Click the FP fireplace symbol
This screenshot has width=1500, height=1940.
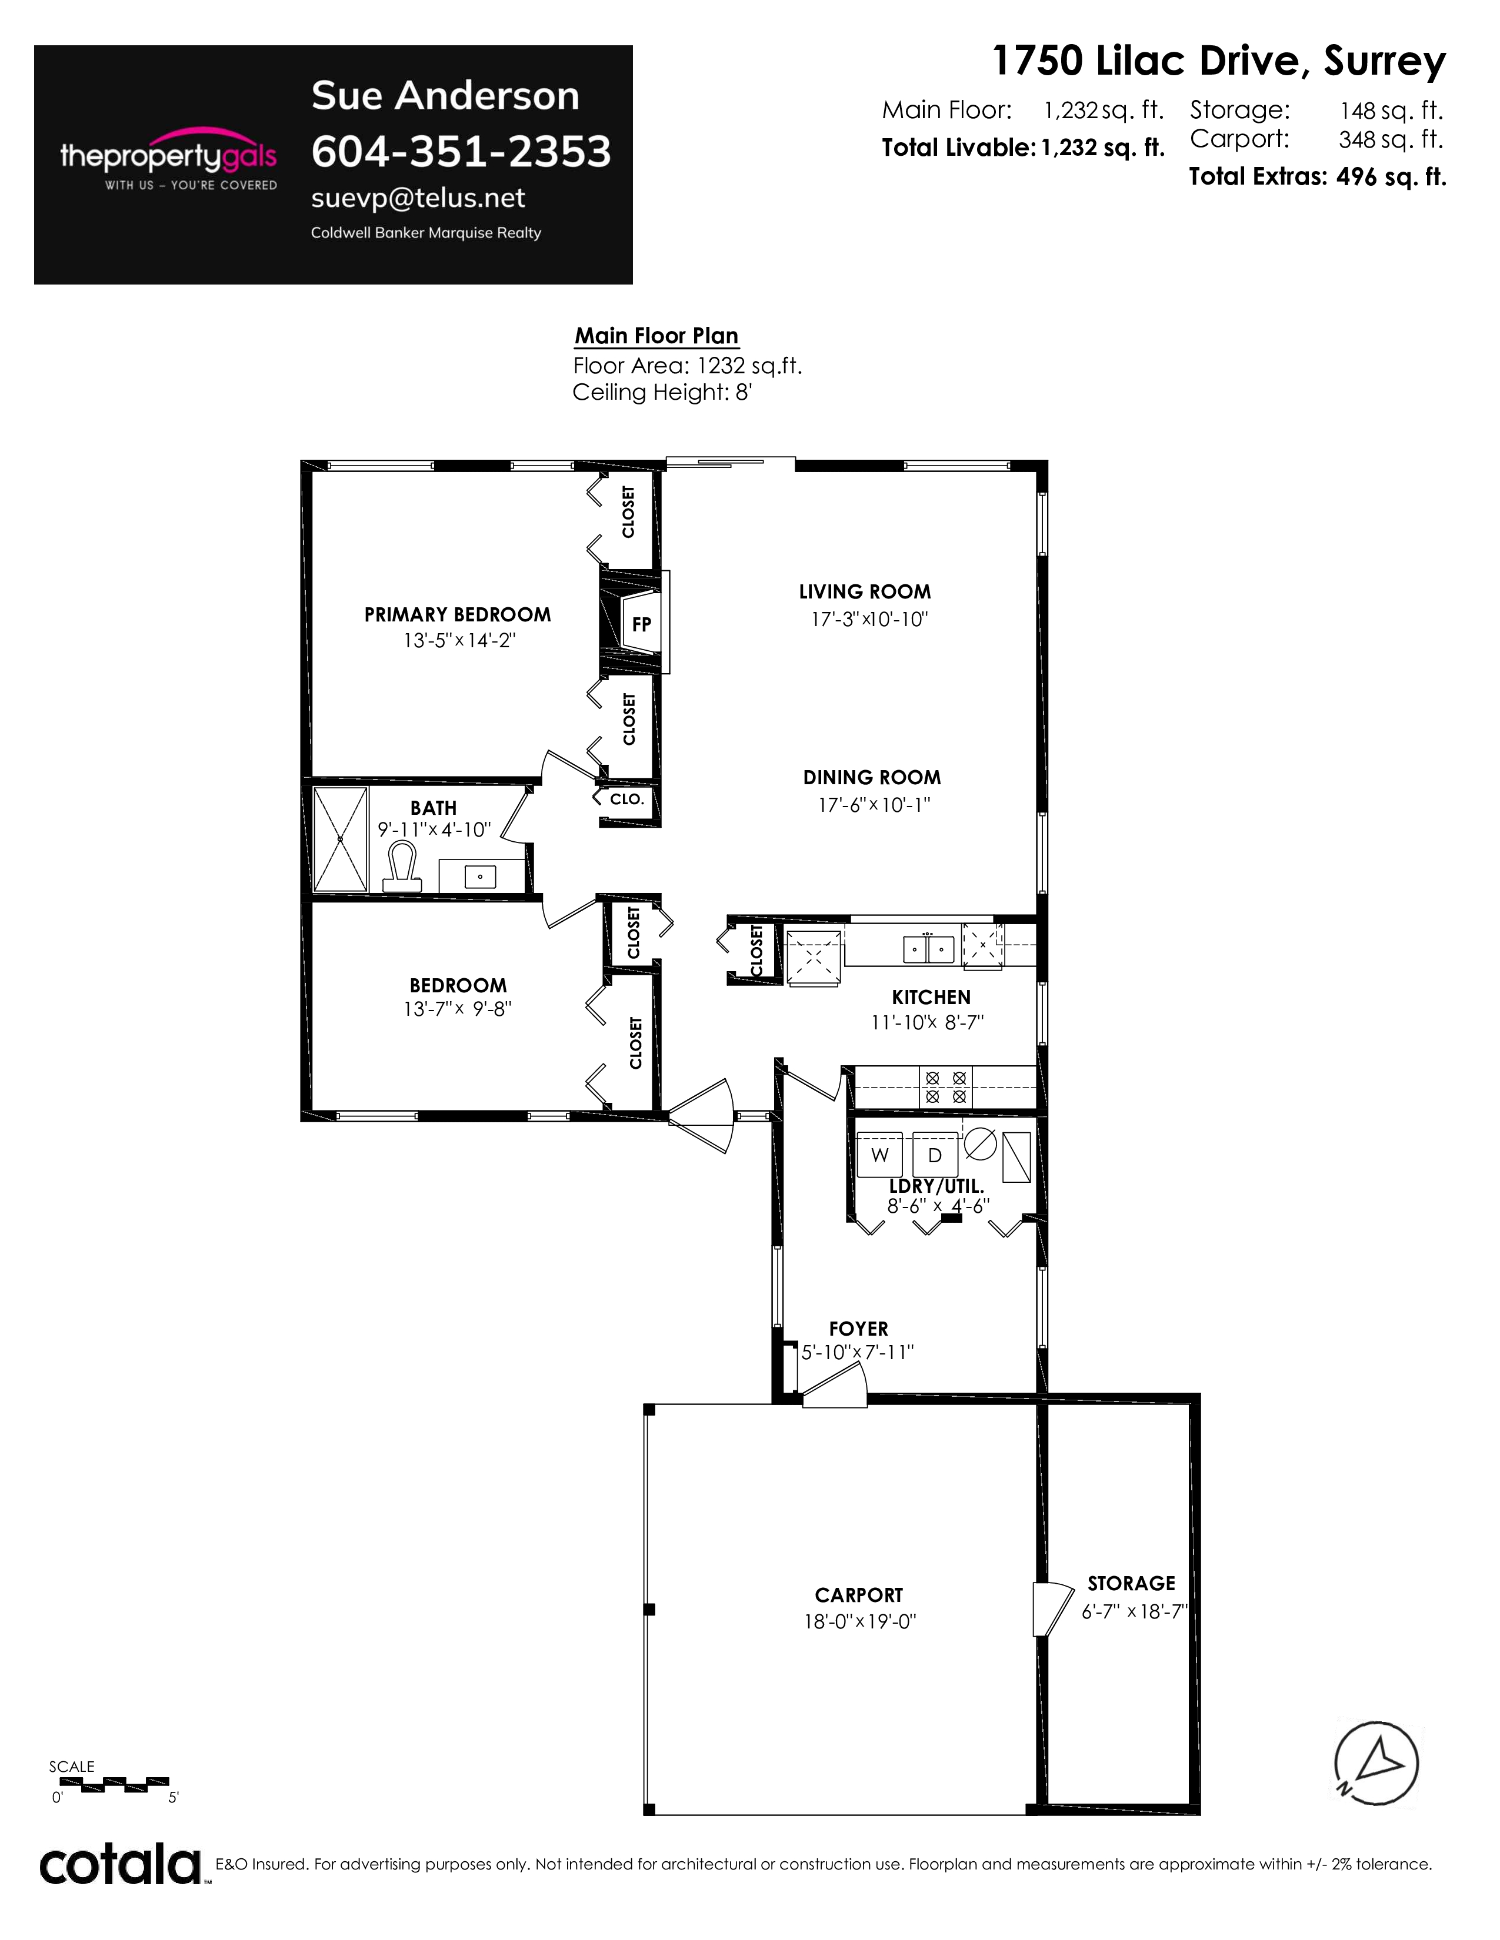[635, 622]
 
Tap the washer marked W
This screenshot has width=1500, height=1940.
[880, 1155]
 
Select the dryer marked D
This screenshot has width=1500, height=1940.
[935, 1155]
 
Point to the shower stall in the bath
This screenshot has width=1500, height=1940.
[341, 839]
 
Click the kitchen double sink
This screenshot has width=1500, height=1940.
[929, 949]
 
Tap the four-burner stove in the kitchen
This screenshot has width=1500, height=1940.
[945, 1087]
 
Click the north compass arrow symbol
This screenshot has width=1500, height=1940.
[1376, 1763]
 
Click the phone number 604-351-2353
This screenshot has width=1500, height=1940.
[461, 152]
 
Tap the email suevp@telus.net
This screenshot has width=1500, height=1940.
[418, 198]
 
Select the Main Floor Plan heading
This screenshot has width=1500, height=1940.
[656, 336]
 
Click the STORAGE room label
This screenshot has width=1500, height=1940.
[1131, 1584]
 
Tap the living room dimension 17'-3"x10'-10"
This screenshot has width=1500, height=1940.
[869, 619]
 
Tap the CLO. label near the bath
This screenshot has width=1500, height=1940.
[626, 798]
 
